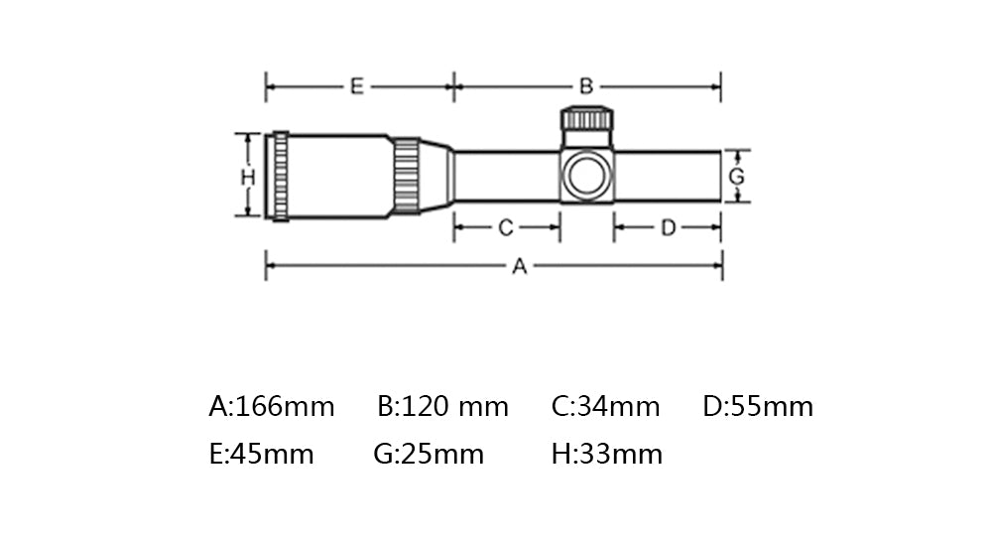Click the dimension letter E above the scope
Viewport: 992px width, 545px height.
[x=357, y=86]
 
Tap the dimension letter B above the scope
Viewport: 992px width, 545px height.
[x=586, y=86]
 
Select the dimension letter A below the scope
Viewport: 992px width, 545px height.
[x=519, y=266]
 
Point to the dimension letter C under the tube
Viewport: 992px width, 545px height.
[x=506, y=227]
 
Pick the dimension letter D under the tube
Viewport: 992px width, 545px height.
[x=668, y=227]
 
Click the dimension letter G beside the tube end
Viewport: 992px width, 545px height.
[x=736, y=176]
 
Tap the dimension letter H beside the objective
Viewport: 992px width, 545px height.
[x=247, y=178]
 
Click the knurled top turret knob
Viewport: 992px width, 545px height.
[x=587, y=118]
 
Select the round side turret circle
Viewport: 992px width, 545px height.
[x=587, y=176]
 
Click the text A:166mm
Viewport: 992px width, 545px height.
[x=272, y=406]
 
